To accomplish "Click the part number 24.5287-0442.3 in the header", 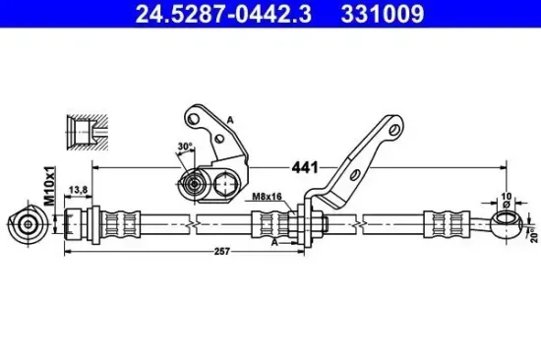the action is click(x=223, y=14).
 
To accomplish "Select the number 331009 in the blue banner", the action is click(x=383, y=14).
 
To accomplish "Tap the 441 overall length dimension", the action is click(x=305, y=168).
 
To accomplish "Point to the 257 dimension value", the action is click(x=222, y=252).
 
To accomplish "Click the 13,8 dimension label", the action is click(x=79, y=190).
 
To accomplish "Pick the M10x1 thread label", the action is click(x=50, y=186).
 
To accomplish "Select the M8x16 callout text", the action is click(x=267, y=197).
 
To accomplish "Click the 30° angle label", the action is click(x=185, y=147).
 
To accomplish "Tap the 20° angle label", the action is click(x=534, y=235).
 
